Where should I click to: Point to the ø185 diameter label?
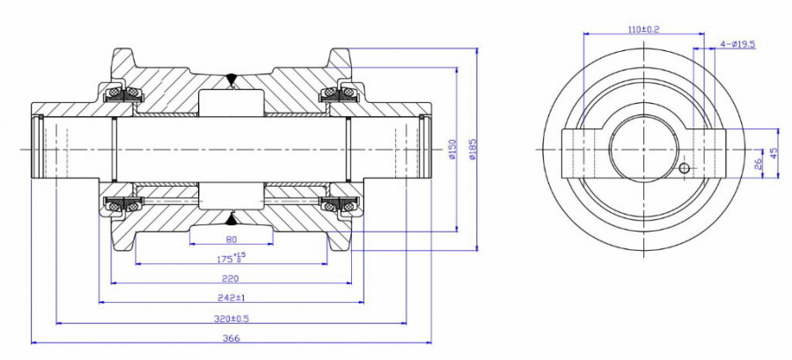click(473, 149)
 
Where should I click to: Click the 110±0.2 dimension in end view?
click(645, 29)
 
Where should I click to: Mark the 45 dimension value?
click(774, 151)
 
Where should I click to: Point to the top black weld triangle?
click(231, 79)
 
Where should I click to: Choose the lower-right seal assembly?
click(341, 204)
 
